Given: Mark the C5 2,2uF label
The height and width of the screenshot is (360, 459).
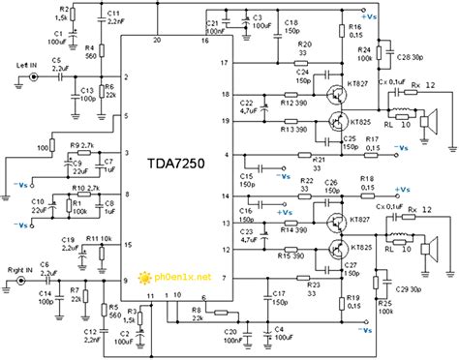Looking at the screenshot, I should click(x=59, y=67).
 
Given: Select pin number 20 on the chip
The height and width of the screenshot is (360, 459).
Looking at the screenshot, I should click(x=157, y=41).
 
